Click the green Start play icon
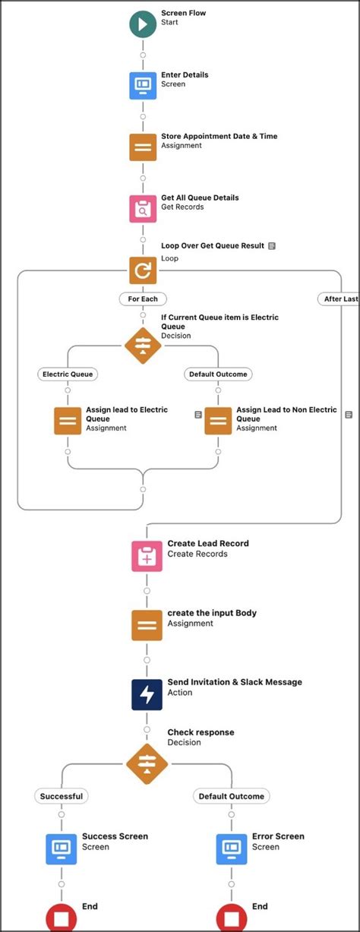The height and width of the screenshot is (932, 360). pos(143,24)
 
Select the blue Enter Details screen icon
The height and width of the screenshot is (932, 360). pos(143,85)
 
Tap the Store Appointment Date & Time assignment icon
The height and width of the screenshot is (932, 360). pos(143,147)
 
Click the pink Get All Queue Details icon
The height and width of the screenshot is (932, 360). pos(143,208)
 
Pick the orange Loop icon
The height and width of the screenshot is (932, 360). pos(143,270)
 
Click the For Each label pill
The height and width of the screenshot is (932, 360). pos(143,299)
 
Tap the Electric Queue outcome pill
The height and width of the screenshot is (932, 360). pos(68,374)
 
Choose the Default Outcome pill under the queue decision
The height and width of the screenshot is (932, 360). pos(217,374)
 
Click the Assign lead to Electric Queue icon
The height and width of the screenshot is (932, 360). pos(68,420)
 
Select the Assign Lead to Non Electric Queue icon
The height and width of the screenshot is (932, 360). pos(218,420)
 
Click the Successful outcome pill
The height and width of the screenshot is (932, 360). pos(62,796)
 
